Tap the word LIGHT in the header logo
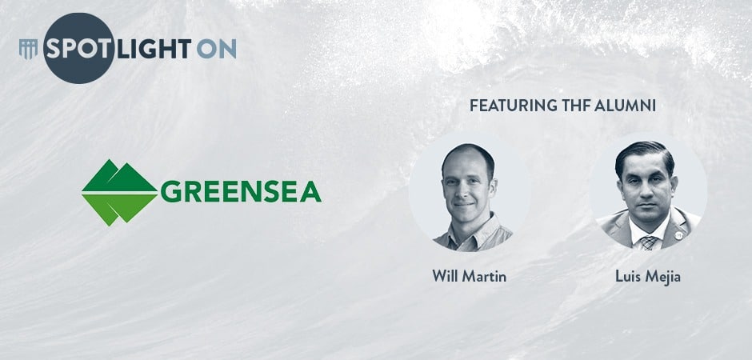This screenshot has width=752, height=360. tap(154, 49)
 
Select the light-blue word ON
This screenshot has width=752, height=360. tap(216, 49)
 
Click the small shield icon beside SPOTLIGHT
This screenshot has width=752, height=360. tap(28, 49)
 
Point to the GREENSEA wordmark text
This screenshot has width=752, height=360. tap(241, 192)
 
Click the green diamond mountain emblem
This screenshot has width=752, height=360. tap(119, 193)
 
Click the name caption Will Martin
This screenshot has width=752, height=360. tap(469, 276)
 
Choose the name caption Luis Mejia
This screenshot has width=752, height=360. tap(647, 277)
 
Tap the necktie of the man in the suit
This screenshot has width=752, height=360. tap(649, 242)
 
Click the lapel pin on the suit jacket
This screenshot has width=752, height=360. tap(678, 235)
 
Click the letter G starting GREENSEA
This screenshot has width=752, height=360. tap(170, 192)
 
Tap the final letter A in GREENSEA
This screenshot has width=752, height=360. tap(310, 192)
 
